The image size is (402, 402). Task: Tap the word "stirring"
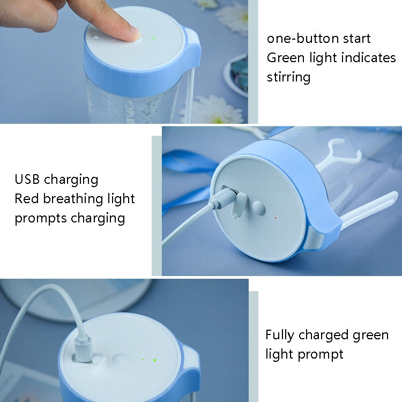[288, 77]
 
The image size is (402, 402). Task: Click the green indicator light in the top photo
[153, 38]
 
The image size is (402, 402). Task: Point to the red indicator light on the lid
[275, 218]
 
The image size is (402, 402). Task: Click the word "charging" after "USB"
[71, 179]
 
